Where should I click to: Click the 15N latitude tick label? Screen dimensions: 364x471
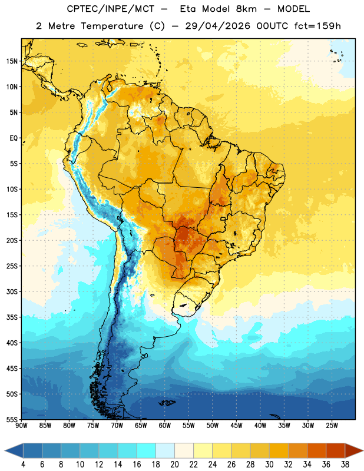pyautogui.click(x=12, y=61)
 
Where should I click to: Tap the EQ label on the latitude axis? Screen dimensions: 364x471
pyautogui.click(x=14, y=138)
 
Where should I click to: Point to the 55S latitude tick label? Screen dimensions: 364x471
pyautogui.click(x=12, y=419)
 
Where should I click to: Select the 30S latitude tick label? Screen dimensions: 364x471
pyautogui.click(x=12, y=291)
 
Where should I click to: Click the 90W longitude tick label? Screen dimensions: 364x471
pyautogui.click(x=21, y=426)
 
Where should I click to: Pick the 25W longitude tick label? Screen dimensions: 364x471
pyautogui.click(x=332, y=426)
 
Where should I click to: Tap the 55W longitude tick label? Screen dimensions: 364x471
pyautogui.click(x=188, y=426)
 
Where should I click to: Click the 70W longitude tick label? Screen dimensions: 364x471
pyautogui.click(x=117, y=426)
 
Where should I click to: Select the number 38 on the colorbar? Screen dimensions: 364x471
pyautogui.click(x=345, y=465)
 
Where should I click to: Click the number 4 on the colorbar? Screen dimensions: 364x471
pyautogui.click(x=23, y=465)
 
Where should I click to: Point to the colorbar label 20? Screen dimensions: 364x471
pyautogui.click(x=174, y=465)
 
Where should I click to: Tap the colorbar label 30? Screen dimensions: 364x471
pyautogui.click(x=269, y=465)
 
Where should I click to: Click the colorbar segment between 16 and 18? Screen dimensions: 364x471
pyautogui.click(x=147, y=451)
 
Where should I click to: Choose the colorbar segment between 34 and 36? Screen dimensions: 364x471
pyautogui.click(x=316, y=451)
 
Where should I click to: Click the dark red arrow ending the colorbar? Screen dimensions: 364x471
pyautogui.click(x=353, y=451)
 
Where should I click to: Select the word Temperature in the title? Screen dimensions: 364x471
pyautogui.click(x=112, y=26)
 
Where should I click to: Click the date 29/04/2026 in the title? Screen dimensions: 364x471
pyautogui.click(x=217, y=26)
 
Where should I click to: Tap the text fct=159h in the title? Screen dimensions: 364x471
pyautogui.click(x=317, y=26)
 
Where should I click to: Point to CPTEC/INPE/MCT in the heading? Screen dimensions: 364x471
pyautogui.click(x=111, y=9)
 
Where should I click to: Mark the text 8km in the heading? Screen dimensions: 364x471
pyautogui.click(x=246, y=9)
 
